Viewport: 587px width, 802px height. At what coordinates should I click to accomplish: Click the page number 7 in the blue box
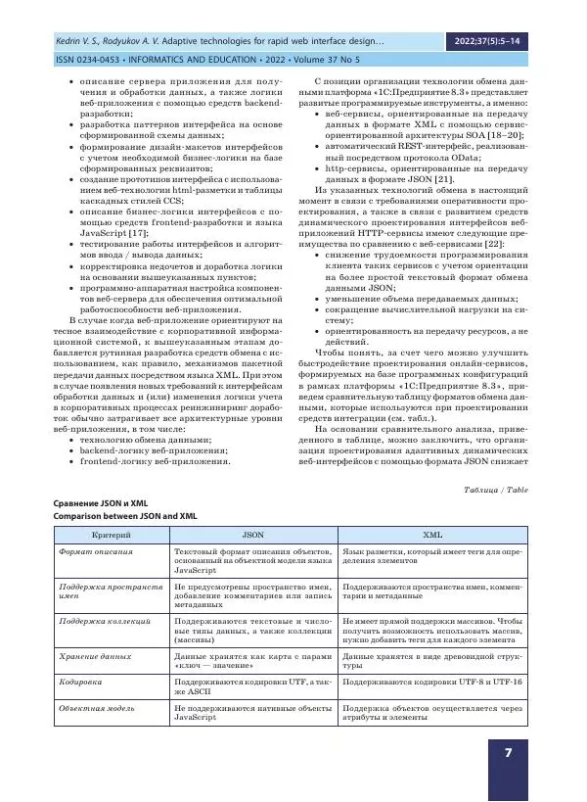[x=508, y=753]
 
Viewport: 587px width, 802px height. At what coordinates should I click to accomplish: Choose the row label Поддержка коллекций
[x=104, y=621]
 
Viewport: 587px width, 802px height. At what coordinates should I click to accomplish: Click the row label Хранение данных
[x=95, y=655]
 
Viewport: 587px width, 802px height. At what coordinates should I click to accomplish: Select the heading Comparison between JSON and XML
[x=125, y=515]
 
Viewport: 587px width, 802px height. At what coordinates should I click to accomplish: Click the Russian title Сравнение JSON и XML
[x=103, y=502]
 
